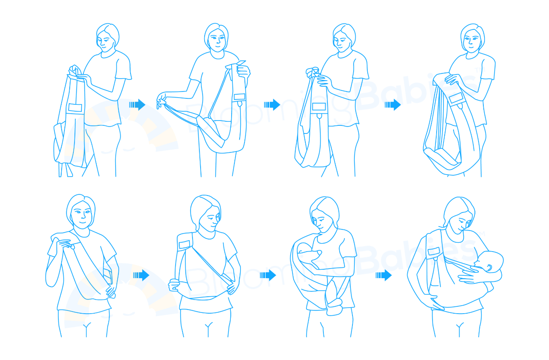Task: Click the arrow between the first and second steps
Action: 137,105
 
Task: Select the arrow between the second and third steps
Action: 272,105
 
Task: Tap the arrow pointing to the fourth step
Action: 393,105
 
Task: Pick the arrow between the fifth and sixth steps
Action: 141,275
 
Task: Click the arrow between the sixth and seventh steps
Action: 268,275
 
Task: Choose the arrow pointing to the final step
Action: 383,275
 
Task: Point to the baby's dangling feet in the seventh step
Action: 334,306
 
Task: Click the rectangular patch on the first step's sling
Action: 75,108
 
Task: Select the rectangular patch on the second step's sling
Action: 239,97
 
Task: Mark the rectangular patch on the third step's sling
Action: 319,107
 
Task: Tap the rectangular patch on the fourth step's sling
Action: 456,98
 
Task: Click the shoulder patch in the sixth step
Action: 184,244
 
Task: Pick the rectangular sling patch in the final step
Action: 434,252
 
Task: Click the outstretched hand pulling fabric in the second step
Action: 162,100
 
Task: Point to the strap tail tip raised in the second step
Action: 242,62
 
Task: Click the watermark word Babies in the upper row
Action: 416,91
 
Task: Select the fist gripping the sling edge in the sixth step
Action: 174,285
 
